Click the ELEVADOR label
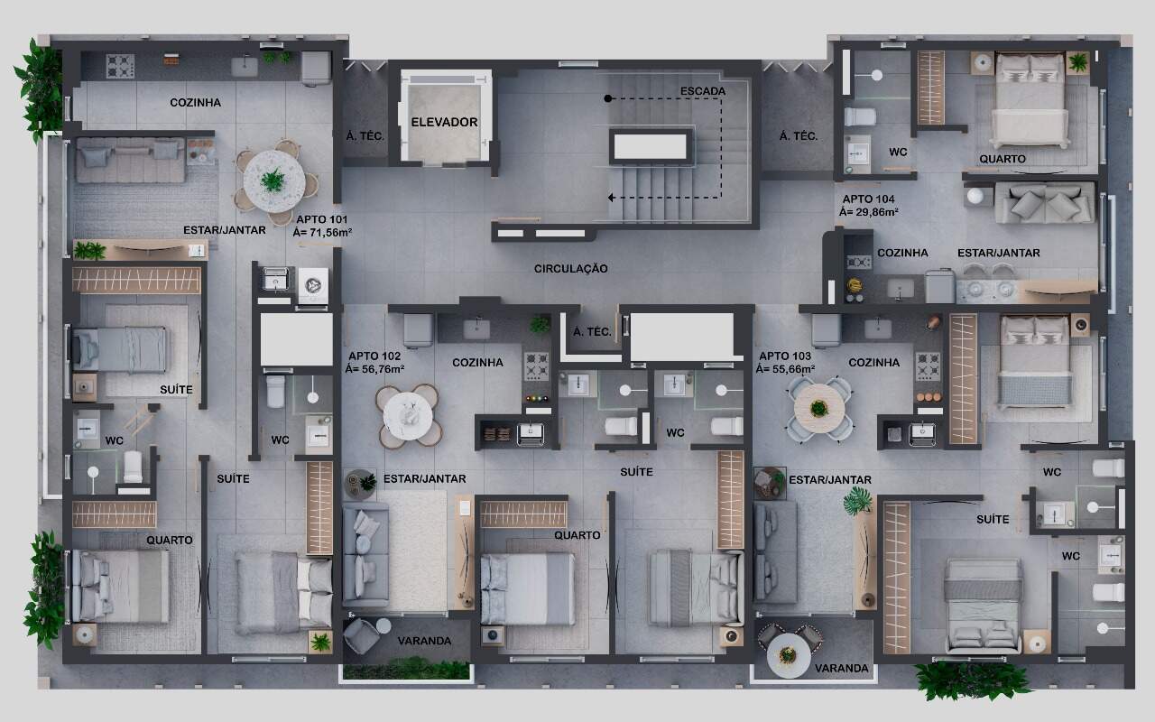point(444,122)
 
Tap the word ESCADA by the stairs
point(703,91)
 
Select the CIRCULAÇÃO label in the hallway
point(571,268)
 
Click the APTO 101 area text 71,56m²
point(322,233)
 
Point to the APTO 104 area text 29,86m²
point(868,212)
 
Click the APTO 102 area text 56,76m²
point(374,369)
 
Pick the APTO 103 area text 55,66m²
point(785,369)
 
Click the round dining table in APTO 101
point(273,181)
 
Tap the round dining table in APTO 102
point(408,416)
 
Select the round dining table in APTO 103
point(818,409)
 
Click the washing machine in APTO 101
point(313,285)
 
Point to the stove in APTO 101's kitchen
point(120,66)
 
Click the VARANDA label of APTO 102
point(424,641)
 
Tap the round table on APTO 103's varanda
point(789,656)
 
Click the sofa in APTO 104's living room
point(1045,203)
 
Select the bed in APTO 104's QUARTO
point(1030,100)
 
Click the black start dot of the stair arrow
point(608,98)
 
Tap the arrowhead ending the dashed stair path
point(611,198)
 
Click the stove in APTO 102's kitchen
point(536,366)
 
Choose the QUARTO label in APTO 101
point(169,540)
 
